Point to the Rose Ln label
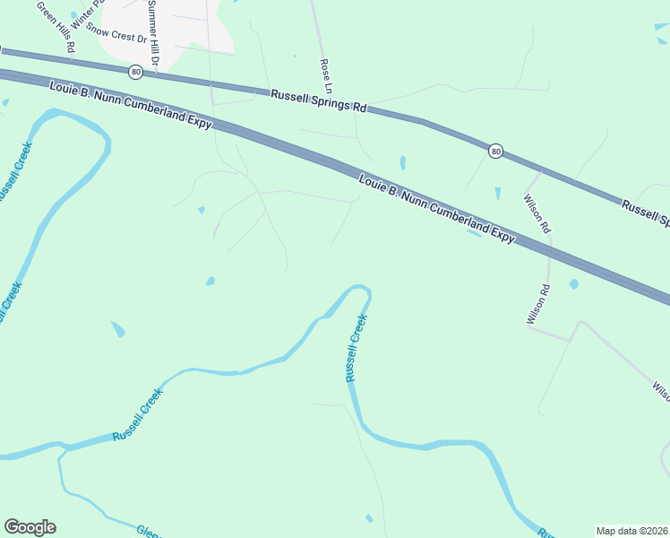327,77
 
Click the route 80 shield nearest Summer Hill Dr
134,72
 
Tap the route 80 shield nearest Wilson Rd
495,152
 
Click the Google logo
30,527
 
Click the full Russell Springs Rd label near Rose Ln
321,100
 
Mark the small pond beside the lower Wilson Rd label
573,284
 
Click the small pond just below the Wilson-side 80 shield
497,193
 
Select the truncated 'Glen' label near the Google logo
148,531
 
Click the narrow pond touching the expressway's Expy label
474,233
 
